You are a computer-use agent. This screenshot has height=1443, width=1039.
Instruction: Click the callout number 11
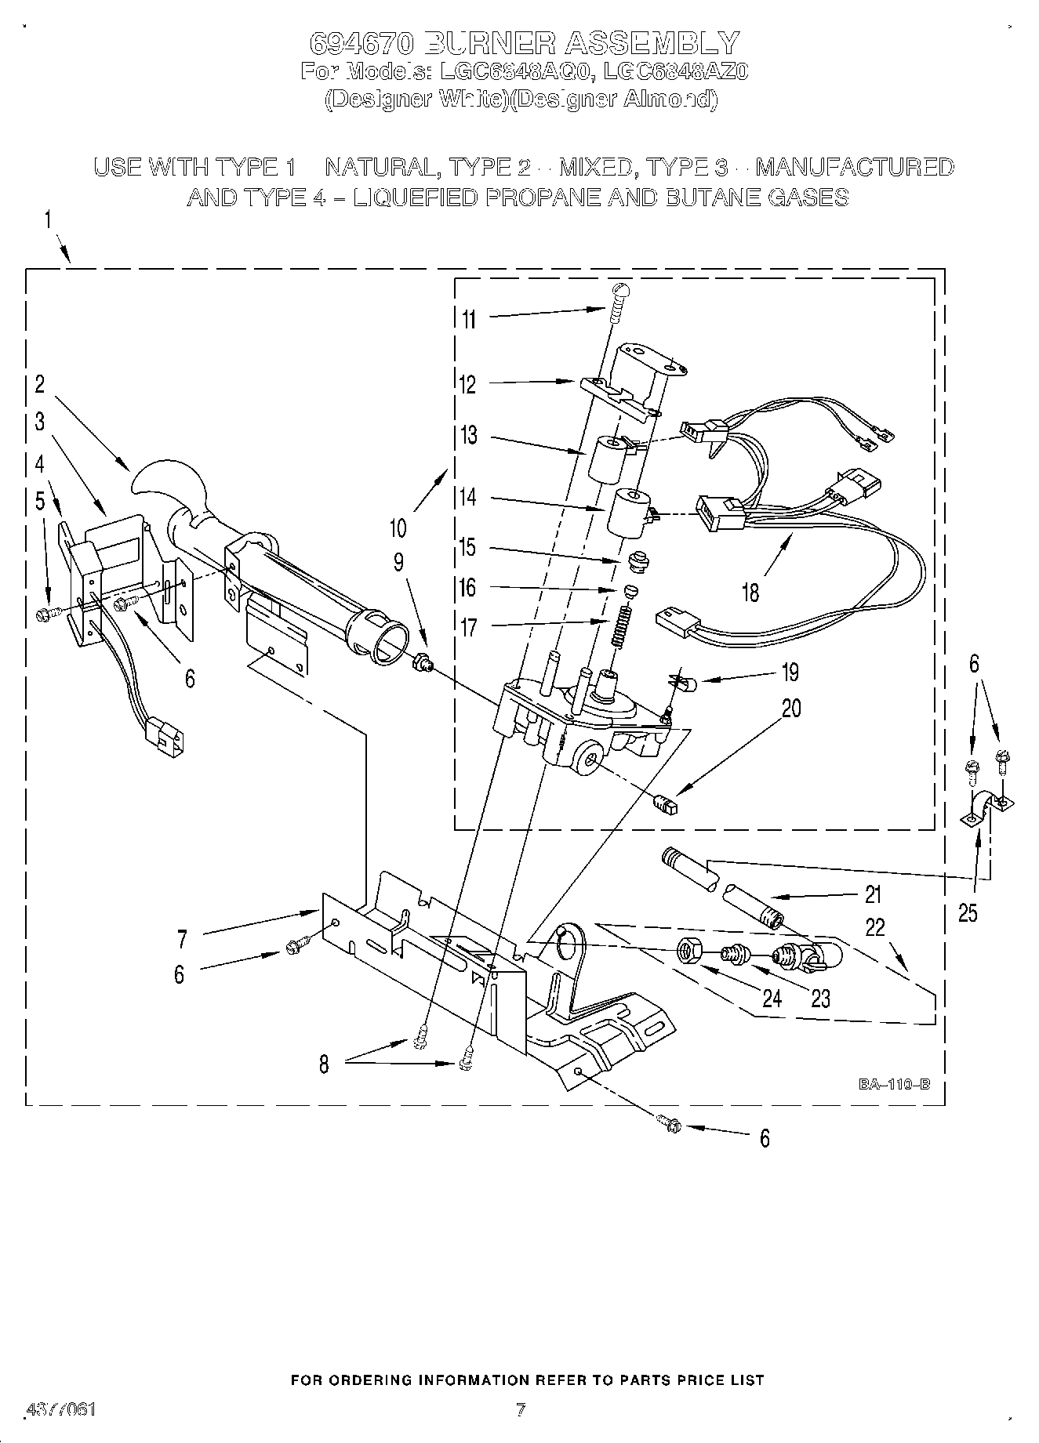click(x=468, y=319)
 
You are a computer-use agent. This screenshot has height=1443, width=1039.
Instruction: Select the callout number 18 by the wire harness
click(x=750, y=592)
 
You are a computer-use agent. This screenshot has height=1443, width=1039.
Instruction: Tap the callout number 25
click(x=968, y=912)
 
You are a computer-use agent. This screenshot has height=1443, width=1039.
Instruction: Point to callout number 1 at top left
click(x=48, y=220)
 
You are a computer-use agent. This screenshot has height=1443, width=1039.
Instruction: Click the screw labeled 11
click(x=618, y=303)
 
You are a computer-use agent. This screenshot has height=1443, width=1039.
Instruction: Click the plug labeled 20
click(x=664, y=804)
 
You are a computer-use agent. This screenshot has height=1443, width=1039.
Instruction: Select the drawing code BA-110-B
click(x=894, y=1084)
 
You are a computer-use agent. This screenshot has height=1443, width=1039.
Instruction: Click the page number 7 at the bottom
click(x=520, y=1410)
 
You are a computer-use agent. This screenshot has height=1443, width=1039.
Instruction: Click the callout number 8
click(x=324, y=1064)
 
